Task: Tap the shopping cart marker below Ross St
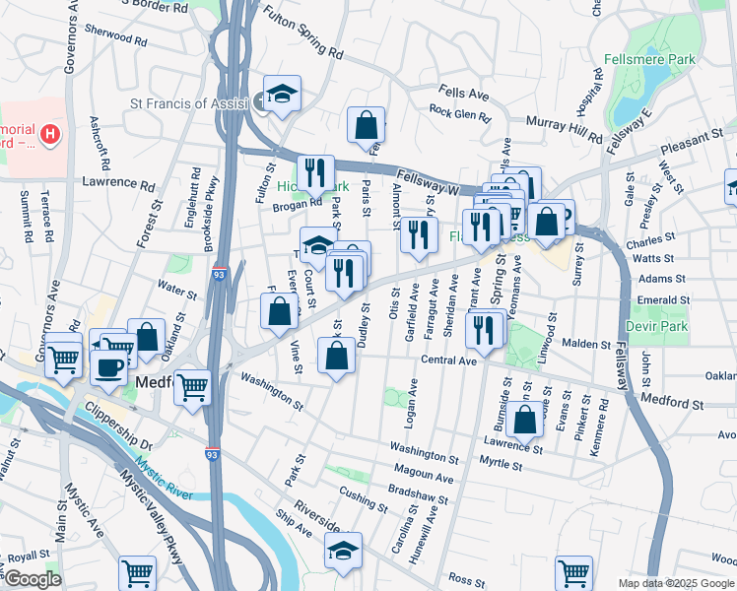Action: point(573,571)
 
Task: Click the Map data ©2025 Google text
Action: point(676,583)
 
